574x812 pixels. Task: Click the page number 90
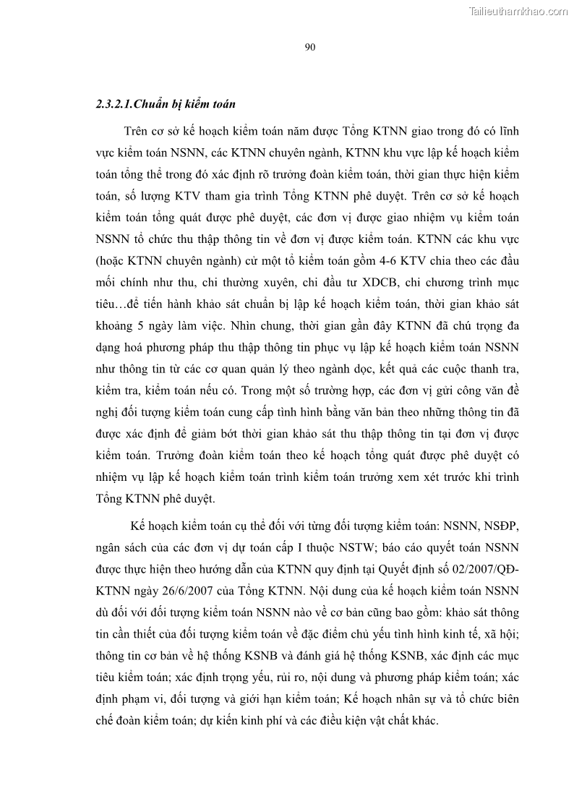tap(309, 48)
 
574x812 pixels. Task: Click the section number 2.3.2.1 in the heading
tap(118, 104)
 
